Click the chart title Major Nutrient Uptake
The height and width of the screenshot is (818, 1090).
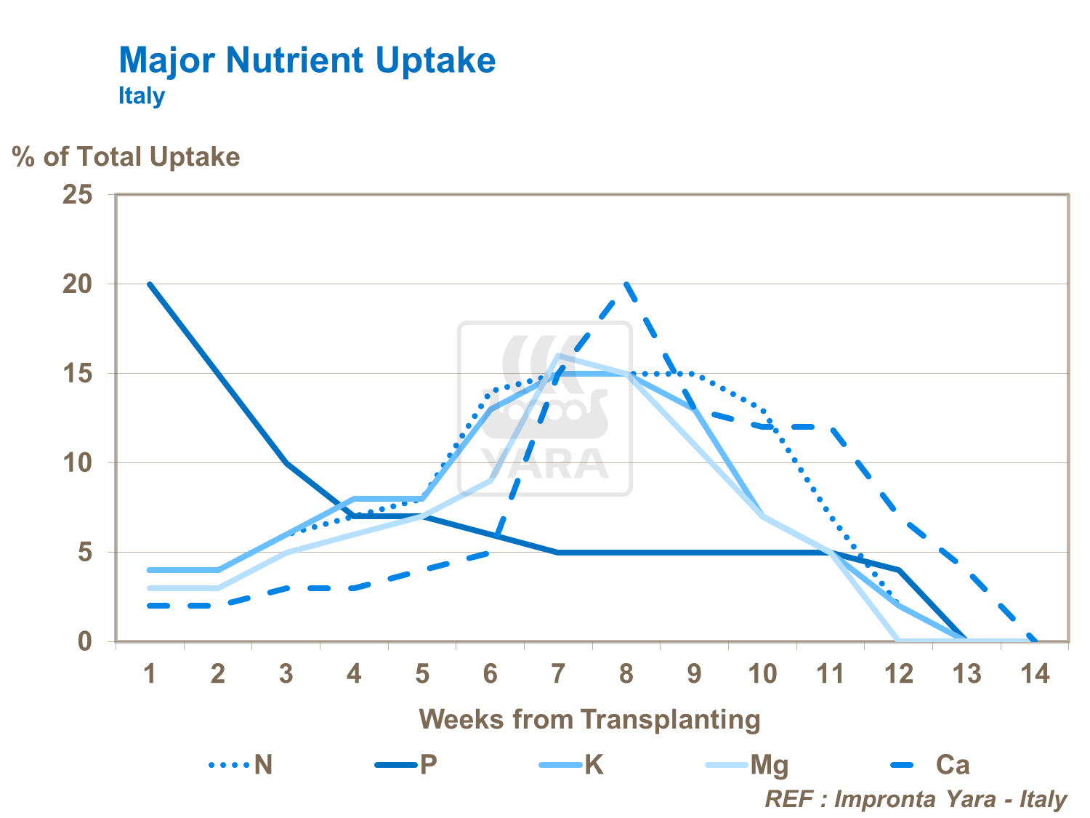coord(307,60)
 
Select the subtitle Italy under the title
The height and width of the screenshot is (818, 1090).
coord(142,96)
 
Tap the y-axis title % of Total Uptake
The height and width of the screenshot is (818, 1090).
coord(126,157)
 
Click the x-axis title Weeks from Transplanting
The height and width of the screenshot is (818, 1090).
coord(589,719)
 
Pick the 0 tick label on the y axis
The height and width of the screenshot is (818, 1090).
coord(85,641)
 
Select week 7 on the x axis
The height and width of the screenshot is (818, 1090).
coord(558,674)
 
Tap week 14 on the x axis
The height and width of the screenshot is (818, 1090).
coord(1035,674)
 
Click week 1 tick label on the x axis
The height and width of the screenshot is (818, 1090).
coord(150,674)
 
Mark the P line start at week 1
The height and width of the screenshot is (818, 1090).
coord(150,284)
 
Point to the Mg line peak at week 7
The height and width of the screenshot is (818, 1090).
coord(558,356)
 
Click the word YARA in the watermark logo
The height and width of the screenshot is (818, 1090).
coord(545,463)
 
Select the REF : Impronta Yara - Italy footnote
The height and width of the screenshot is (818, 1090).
coord(916,799)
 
